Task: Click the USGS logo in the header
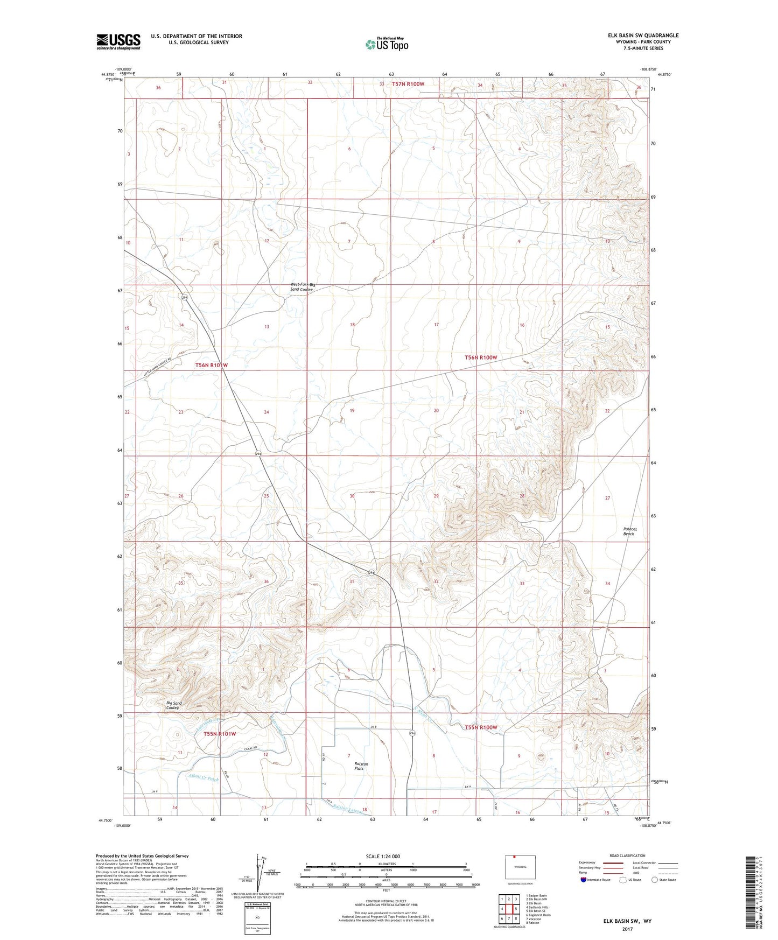coord(118,41)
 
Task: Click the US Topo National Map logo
coord(387,44)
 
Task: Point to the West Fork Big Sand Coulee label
coord(303,287)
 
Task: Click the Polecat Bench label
coord(629,531)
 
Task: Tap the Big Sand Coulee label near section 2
coord(173,705)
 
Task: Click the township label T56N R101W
coord(212,365)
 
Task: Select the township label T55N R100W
coord(481,727)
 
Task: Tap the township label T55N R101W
coord(220,734)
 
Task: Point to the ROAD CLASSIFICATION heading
coord(627,855)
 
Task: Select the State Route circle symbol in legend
coord(655,880)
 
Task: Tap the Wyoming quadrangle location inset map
coord(520,868)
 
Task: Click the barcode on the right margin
coord(751,892)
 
